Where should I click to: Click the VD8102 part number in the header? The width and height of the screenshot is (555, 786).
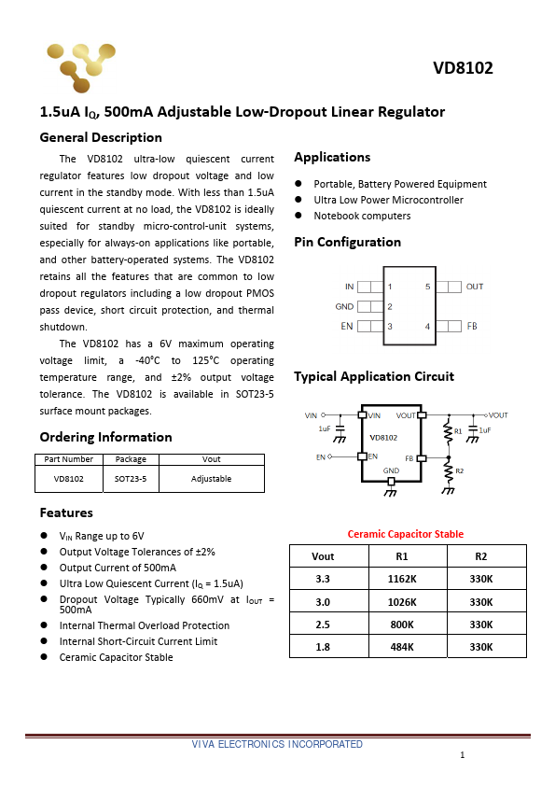tap(463, 68)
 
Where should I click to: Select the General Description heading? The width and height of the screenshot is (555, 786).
tap(101, 137)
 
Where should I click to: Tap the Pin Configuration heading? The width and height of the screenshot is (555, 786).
tap(347, 242)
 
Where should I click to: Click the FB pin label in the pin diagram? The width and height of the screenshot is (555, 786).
tap(471, 327)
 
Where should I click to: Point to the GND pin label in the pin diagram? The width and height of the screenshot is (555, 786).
tap(344, 306)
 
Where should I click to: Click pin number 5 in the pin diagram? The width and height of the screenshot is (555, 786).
tap(427, 287)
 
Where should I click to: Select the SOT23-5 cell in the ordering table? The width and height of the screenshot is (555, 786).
tap(131, 479)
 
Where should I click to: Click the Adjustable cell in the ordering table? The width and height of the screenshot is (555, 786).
tap(212, 479)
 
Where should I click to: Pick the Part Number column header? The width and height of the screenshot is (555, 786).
tap(68, 458)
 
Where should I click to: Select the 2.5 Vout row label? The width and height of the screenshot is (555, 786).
tap(323, 624)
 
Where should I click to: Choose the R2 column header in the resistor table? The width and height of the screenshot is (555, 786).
tap(480, 556)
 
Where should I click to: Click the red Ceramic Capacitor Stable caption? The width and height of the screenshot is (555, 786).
tap(405, 534)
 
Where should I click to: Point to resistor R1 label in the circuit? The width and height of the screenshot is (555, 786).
tap(458, 430)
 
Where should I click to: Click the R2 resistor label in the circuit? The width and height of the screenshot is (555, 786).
tap(459, 470)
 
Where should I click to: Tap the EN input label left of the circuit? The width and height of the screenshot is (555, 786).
tap(320, 457)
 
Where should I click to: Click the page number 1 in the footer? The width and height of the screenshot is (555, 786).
tap(462, 755)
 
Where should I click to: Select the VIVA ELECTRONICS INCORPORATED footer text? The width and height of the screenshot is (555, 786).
tap(277, 744)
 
